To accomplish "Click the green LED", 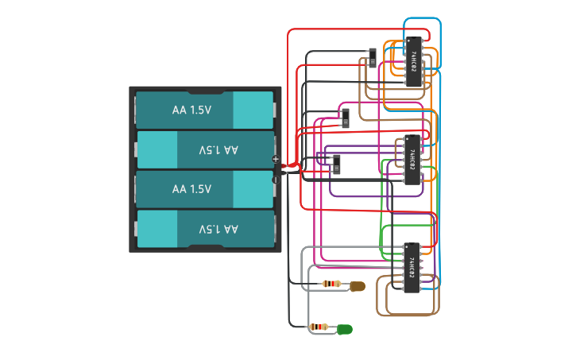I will pyautogui.click(x=345, y=328).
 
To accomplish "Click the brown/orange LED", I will pyautogui.click(x=357, y=285).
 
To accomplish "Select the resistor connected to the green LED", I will pyautogui.click(x=320, y=327).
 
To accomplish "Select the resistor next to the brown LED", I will pyautogui.click(x=332, y=284).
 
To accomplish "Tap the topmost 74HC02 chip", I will pyautogui.click(x=413, y=61).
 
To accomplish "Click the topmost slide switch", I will pyautogui.click(x=373, y=58).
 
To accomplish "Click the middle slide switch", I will pyautogui.click(x=345, y=118).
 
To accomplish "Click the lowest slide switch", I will pyautogui.click(x=336, y=165).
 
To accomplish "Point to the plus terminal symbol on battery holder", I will pyautogui.click(x=276, y=159).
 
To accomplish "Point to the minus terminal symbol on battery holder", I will pyautogui.click(x=276, y=180).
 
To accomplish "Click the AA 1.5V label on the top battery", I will pyautogui.click(x=191, y=110).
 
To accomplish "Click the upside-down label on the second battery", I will pyautogui.click(x=218, y=149).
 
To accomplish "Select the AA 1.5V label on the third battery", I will pyautogui.click(x=191, y=189).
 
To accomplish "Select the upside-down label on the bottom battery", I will pyautogui.click(x=218, y=229).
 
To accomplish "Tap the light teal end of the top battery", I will pyautogui.click(x=253, y=110).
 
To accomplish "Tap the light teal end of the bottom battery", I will pyautogui.click(x=157, y=229).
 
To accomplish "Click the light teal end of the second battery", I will pyautogui.click(x=157, y=149).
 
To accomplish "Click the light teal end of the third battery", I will pyautogui.click(x=253, y=189).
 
